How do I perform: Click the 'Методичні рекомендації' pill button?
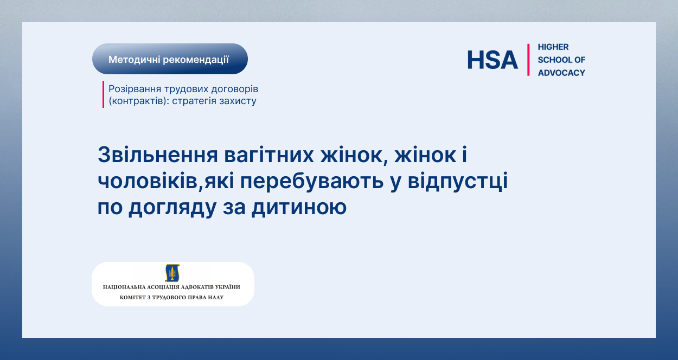point(170,59)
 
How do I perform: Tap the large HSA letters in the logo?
point(492,60)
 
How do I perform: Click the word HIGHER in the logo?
point(553,47)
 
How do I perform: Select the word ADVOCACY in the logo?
point(561,73)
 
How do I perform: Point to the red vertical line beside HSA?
point(528,60)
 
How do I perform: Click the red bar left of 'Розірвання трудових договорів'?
point(103,94)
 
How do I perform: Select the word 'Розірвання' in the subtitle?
point(135,89)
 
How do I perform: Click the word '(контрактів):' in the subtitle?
point(139,101)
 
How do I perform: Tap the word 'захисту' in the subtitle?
point(238,101)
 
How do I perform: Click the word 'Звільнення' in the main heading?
point(158,155)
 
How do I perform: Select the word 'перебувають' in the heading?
point(312,181)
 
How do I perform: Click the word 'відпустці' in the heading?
point(458,181)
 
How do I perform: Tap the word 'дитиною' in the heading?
point(299,207)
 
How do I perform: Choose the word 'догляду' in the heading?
point(172,208)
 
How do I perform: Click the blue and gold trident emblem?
point(172,273)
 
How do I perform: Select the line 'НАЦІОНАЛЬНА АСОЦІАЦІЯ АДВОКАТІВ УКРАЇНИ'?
point(171,287)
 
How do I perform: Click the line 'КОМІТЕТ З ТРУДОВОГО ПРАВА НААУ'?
point(171,297)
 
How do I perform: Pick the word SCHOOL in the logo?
point(554,60)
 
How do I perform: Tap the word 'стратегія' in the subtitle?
point(194,101)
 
